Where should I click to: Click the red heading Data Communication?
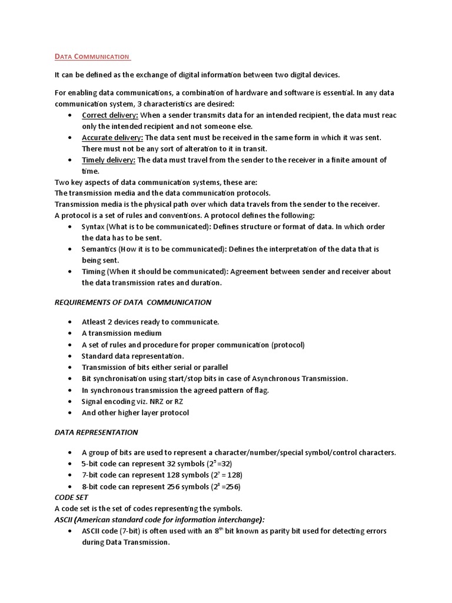tap(92, 57)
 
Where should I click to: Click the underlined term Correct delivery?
tap(109, 115)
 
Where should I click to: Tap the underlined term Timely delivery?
tap(108, 160)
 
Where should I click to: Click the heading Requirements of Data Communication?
tap(132, 302)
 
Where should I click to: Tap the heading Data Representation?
tap(96, 432)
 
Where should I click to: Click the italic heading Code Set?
tap(71, 497)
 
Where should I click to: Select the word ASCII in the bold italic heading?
tap(64, 519)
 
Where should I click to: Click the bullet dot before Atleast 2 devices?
tap(71, 322)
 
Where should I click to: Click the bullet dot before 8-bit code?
tap(71, 487)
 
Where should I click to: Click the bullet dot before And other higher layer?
tap(71, 413)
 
